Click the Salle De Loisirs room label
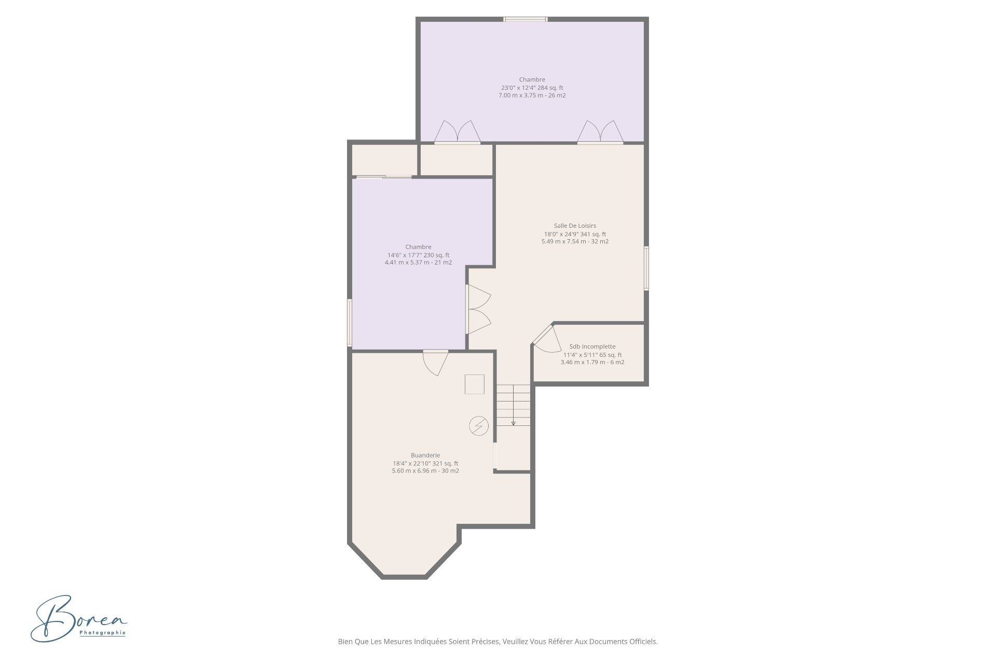point(575,226)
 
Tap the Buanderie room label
point(425,455)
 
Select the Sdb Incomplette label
point(592,347)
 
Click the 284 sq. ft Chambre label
point(532,80)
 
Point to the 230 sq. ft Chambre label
point(418,247)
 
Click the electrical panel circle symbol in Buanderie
point(478,426)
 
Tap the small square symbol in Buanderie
point(474,384)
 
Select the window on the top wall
point(525,19)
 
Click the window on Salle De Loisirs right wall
point(646,268)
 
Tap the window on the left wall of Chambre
point(350,323)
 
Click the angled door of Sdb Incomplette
point(545,340)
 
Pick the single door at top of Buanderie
point(436,361)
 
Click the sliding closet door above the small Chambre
point(384,177)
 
